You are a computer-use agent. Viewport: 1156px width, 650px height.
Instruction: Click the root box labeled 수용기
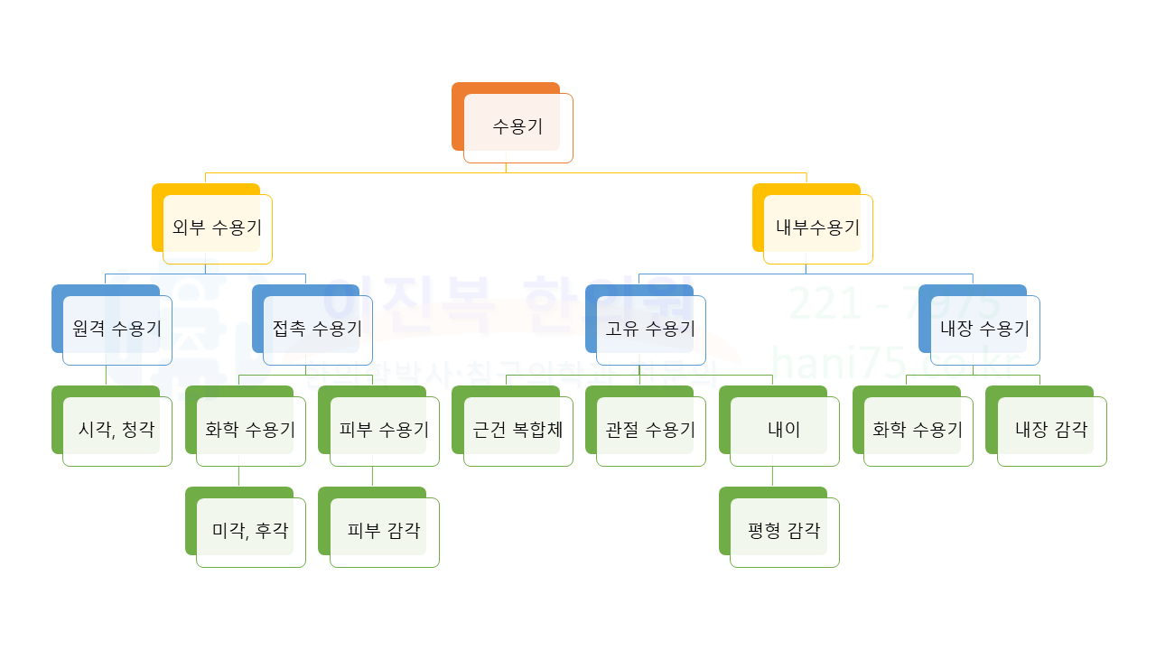tap(517, 127)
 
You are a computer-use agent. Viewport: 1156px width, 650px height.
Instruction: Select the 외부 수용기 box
tap(217, 228)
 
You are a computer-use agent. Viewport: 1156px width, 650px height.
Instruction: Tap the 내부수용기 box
tap(817, 228)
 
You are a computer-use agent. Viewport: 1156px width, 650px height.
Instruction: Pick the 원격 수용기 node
tap(117, 330)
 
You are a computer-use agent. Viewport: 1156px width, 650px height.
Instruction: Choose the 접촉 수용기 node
tap(317, 330)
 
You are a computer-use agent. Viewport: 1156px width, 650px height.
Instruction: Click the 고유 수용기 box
tap(650, 330)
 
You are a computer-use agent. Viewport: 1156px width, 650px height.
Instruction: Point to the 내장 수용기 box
tap(984, 330)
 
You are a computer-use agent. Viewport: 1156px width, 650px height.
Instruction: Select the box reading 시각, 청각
tap(117, 431)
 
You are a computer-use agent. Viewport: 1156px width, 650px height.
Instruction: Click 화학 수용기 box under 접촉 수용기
tap(250, 431)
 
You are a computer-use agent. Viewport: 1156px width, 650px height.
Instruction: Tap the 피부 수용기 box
tap(384, 431)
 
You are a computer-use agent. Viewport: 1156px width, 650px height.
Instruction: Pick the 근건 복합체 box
tap(517, 431)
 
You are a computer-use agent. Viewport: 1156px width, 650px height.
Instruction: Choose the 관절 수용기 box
tap(650, 431)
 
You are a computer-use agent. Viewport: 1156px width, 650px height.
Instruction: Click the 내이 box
tap(784, 431)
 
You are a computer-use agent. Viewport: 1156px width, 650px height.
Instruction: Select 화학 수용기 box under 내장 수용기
tap(918, 431)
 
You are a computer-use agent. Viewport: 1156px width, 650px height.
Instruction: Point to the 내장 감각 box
tap(1051, 431)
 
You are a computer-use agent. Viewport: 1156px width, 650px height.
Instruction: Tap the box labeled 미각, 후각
tap(250, 532)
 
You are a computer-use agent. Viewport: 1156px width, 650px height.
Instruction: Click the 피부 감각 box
tap(384, 532)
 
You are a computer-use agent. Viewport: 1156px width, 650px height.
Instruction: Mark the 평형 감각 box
tap(784, 532)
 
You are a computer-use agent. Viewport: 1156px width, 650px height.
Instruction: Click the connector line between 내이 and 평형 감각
tap(772, 477)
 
